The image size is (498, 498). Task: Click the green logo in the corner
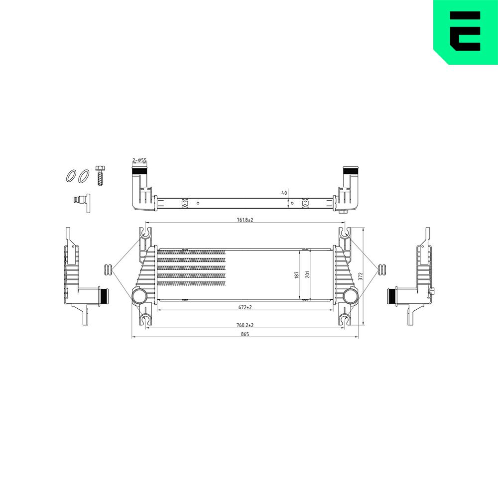[466, 32]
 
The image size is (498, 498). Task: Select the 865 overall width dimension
[245, 334]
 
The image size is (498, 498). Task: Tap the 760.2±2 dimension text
[245, 325]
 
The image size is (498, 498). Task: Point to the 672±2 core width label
[245, 307]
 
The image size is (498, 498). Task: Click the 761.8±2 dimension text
[245, 220]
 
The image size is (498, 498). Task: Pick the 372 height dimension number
[360, 276]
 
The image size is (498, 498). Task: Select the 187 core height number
[297, 275]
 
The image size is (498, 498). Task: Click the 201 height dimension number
[307, 274]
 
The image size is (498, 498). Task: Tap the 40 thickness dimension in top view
[284, 193]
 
